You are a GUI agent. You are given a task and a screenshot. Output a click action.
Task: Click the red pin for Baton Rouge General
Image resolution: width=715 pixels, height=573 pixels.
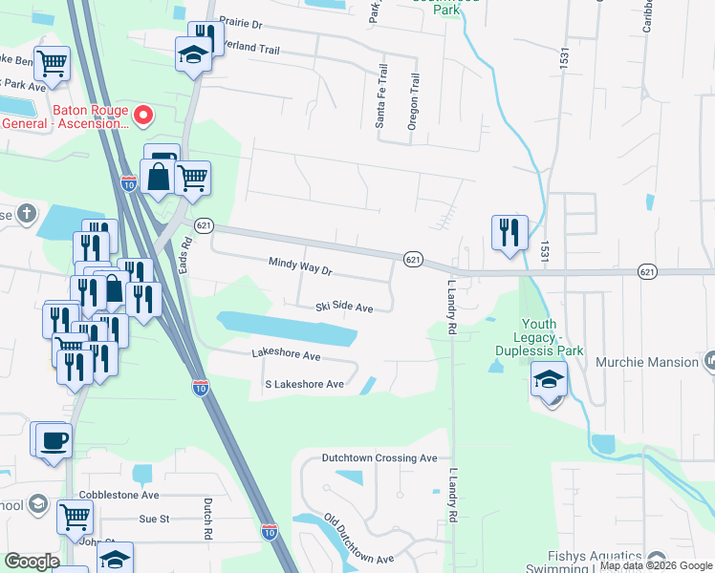pos(144,116)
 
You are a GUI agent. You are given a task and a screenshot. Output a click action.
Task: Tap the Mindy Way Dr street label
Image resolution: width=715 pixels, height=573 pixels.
pos(299,266)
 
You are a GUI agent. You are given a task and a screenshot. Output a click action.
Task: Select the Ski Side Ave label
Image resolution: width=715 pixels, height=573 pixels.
pos(344,308)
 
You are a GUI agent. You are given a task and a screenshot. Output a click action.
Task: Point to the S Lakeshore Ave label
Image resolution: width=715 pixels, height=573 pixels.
pos(304,384)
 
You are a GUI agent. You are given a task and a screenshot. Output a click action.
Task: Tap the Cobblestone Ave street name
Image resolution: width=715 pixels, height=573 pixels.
pos(122,496)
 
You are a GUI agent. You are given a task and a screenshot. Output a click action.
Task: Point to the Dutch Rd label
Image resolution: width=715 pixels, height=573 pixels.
pos(206,518)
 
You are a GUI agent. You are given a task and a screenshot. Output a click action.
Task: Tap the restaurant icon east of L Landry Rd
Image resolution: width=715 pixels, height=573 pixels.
pos(509,232)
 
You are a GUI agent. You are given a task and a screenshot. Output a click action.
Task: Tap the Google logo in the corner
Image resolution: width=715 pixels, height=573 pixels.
pos(32,562)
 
